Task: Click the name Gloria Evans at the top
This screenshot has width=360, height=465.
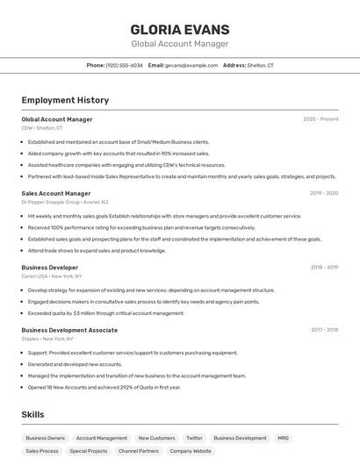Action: point(179,29)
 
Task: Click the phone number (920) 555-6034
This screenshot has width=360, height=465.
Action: point(124,65)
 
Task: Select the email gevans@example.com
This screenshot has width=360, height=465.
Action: point(191,65)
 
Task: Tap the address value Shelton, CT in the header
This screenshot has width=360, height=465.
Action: point(261,65)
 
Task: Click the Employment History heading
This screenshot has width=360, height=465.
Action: point(65,100)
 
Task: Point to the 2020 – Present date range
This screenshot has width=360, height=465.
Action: point(320,119)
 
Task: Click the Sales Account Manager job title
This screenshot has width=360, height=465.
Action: point(56,193)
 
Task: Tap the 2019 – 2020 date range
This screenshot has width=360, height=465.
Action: point(324,193)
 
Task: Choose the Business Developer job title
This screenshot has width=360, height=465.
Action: point(50,268)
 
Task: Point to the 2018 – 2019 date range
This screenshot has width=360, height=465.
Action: point(324,268)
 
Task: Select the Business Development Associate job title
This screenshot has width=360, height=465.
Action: point(69,330)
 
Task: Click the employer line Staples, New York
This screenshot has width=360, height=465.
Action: point(47,339)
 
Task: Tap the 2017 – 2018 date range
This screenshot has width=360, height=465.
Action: point(324,330)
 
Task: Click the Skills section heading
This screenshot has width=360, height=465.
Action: point(33,414)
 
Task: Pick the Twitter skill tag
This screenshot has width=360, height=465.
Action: point(194,438)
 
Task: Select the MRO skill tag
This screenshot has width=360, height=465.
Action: point(283,438)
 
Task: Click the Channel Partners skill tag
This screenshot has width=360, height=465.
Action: point(139,451)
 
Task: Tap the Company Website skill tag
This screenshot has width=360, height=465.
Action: point(191,451)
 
